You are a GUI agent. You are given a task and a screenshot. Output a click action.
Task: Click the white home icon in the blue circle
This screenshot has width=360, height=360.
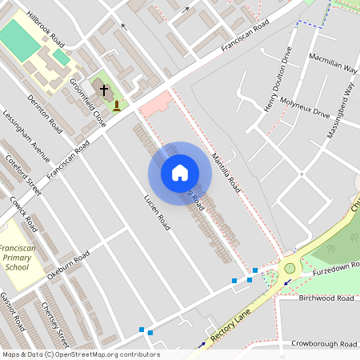click(x=180, y=173)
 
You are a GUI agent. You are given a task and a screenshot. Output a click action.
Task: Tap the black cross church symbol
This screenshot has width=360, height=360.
click(x=104, y=90)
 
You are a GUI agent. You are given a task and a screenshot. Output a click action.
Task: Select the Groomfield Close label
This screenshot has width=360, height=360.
click(x=87, y=102)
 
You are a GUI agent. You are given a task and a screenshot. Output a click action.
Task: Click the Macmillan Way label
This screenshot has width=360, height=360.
click(x=333, y=64)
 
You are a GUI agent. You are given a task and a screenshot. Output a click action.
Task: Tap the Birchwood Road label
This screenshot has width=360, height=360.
click(x=326, y=298)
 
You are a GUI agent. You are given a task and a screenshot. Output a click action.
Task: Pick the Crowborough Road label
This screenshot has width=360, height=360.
click(x=323, y=343)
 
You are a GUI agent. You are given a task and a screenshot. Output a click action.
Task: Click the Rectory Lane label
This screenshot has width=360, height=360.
click(x=233, y=323)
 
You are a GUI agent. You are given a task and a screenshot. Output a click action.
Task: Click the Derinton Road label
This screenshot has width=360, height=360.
click(x=44, y=113)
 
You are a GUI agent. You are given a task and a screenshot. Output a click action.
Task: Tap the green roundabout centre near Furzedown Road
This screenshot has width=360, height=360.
click(x=288, y=271)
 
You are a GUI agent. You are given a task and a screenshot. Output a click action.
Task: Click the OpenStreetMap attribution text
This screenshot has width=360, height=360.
click(x=80, y=354)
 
